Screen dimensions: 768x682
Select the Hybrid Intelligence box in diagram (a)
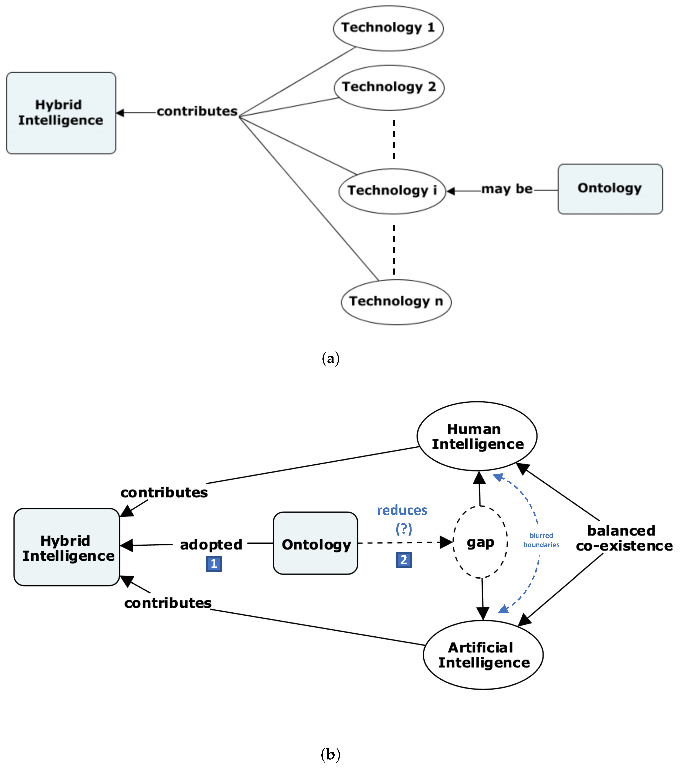(61, 113)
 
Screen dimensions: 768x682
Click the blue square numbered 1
(214, 563)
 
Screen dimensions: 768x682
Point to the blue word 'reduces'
(402, 510)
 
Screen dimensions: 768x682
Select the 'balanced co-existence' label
(623, 538)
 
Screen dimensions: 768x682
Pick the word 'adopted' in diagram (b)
(211, 544)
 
